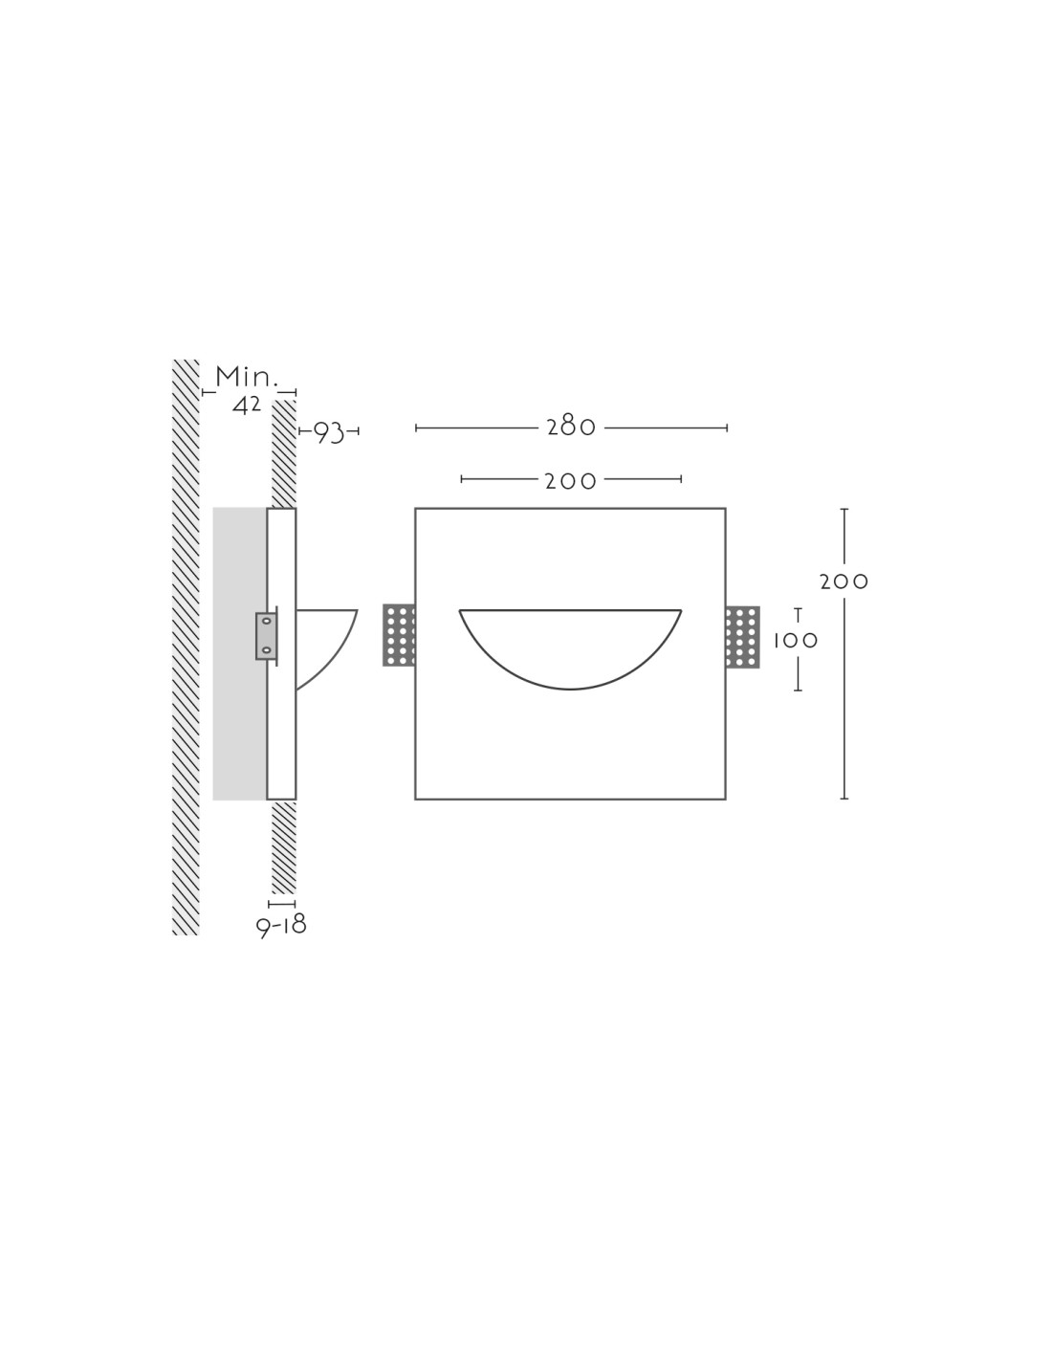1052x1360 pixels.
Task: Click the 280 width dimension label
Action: point(570,428)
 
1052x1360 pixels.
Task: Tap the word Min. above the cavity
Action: point(247,377)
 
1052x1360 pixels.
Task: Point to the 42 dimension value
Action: point(247,406)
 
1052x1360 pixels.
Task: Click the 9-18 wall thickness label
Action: point(281,925)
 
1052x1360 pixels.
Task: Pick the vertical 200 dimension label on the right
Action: point(844,582)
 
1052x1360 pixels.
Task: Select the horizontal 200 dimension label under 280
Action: point(570,481)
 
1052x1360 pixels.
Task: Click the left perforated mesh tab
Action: point(399,635)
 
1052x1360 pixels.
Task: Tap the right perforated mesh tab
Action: point(743,637)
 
